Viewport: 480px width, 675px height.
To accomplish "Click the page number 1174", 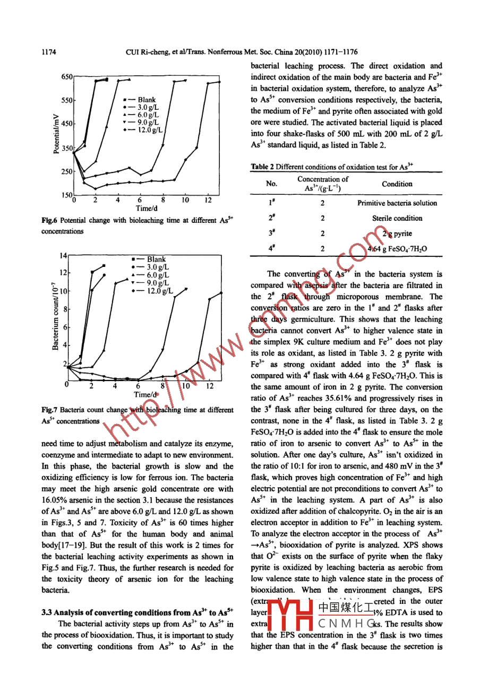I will click(49, 52).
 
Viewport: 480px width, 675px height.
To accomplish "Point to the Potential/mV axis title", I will click(57, 136).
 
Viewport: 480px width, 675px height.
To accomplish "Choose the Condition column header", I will click(397, 184).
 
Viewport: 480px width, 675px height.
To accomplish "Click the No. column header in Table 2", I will click(271, 184).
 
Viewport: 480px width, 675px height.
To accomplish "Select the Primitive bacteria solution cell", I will click(397, 203).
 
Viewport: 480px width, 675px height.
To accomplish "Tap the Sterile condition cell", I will click(397, 218).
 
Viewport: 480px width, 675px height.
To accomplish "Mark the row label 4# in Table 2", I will click(271, 248).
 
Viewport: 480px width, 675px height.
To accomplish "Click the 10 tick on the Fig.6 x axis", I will click(185, 200).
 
